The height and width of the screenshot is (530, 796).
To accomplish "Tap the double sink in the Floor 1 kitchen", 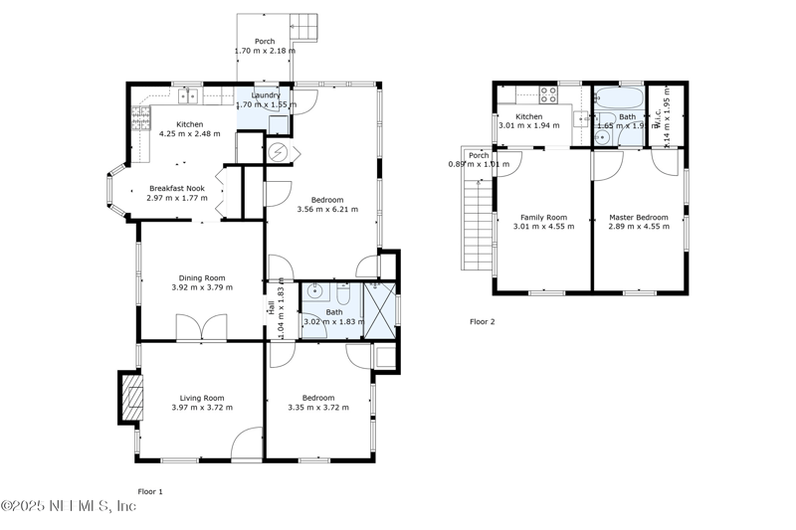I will [x=188, y=95].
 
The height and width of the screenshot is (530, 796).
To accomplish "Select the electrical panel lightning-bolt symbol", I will [x=279, y=151].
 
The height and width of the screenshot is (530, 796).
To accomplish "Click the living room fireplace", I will [x=129, y=398].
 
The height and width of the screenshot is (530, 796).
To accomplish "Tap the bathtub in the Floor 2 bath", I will [x=619, y=98].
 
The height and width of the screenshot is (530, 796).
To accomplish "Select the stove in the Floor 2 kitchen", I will [x=548, y=95].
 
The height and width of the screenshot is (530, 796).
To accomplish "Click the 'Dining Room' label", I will [x=202, y=277].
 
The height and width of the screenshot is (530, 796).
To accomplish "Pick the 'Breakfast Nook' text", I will [x=176, y=187].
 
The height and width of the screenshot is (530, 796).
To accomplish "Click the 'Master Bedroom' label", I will [x=639, y=217].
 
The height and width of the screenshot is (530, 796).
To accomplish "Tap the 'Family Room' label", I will [x=543, y=217].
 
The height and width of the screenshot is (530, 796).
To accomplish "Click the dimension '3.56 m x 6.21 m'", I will [x=327, y=209].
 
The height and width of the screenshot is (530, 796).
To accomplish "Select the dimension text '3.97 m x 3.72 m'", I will [x=202, y=407].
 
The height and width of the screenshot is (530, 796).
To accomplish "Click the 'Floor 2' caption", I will [x=482, y=321].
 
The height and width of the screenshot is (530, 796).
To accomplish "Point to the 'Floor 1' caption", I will [x=149, y=491].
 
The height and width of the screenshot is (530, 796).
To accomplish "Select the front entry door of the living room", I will [x=248, y=444].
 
